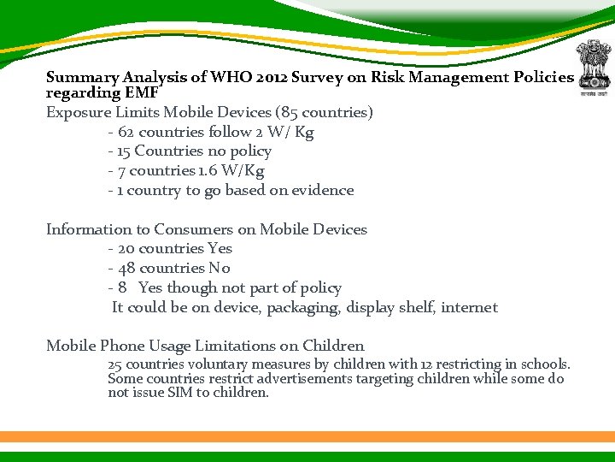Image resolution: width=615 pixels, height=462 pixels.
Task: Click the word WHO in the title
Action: pyautogui.click(x=227, y=77)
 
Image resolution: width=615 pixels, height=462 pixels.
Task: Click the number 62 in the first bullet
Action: pyautogui.click(x=126, y=132)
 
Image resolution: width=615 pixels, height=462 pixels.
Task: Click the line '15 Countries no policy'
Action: pyautogui.click(x=190, y=151)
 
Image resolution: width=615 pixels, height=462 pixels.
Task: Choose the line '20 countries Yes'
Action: pyautogui.click(x=170, y=249)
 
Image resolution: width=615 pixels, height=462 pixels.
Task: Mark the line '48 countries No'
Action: pyautogui.click(x=169, y=269)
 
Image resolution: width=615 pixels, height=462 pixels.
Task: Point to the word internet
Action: pyautogui.click(x=469, y=307)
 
